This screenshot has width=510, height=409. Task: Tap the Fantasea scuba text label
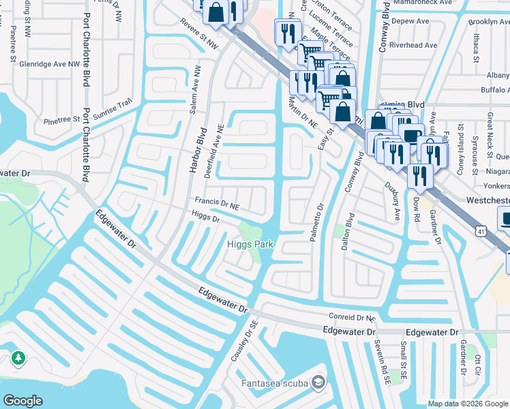[x=274, y=382]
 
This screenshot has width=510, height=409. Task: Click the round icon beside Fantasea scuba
[x=318, y=382]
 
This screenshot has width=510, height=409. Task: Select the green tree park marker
[x=18, y=358]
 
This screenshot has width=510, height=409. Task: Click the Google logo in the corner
[x=23, y=400]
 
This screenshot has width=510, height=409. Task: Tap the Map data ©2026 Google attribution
[x=467, y=404]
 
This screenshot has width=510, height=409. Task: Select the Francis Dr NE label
[x=217, y=202]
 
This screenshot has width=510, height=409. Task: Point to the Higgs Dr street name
[x=205, y=219]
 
